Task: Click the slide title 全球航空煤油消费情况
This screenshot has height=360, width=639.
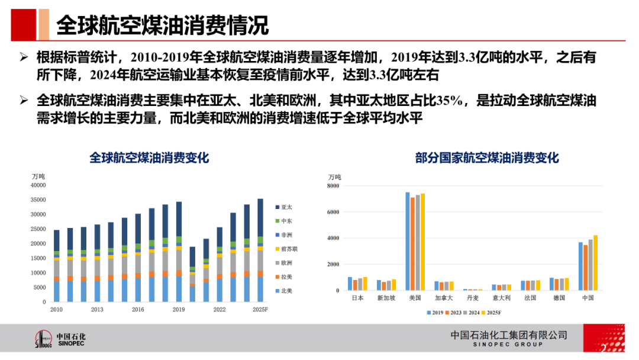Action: (x=162, y=25)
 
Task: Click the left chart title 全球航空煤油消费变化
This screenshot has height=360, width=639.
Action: (x=149, y=158)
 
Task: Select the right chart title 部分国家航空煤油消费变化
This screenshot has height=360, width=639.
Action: (x=486, y=158)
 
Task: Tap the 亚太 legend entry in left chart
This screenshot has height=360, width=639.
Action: (x=286, y=207)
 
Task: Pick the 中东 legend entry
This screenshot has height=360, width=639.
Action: (x=286, y=221)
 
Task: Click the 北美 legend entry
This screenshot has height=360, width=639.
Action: (x=286, y=291)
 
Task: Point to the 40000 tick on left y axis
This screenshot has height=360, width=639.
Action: (x=37, y=185)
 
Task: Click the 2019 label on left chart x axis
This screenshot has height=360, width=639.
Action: (x=179, y=310)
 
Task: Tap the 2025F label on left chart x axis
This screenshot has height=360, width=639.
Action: (x=260, y=310)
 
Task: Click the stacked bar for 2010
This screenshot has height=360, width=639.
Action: (x=57, y=266)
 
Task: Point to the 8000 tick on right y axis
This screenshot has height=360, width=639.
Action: (x=333, y=186)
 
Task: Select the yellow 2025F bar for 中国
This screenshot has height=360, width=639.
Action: (x=595, y=263)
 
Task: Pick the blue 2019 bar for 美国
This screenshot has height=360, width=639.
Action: (x=407, y=242)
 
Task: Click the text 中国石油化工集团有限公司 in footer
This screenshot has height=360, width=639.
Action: (x=508, y=335)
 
